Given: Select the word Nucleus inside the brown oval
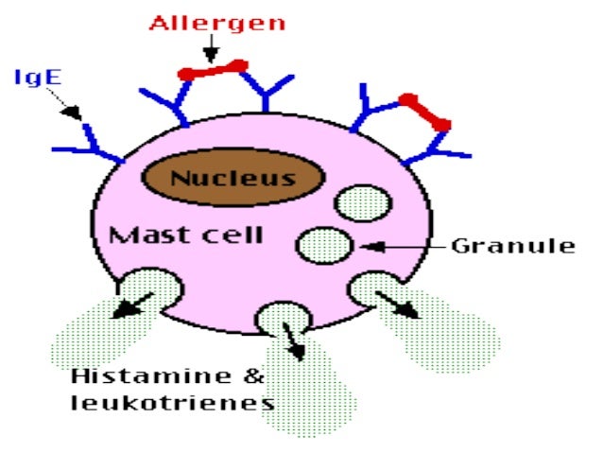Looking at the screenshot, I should coord(233,177).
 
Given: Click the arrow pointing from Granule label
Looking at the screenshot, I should coord(397,247).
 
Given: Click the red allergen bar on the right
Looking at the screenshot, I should coord(424,111).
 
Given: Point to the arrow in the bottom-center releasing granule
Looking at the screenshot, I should coord(294,341).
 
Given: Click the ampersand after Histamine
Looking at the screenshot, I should coord(252,376).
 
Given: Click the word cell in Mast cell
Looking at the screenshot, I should coord(231,234).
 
